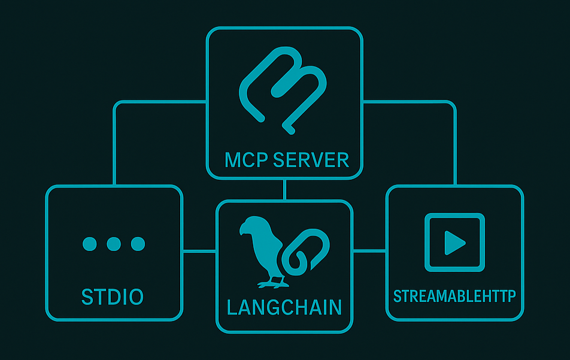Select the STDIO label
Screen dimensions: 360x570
(113, 297)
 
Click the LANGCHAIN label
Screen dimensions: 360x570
(284, 307)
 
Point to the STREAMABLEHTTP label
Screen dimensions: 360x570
(454, 296)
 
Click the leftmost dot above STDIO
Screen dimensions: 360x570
(89, 244)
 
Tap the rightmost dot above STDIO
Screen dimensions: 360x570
(138, 244)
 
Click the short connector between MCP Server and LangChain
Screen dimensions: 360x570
(285, 189)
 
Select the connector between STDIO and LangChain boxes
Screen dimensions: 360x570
(199, 252)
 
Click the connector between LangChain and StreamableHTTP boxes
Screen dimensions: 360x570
(369, 250)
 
